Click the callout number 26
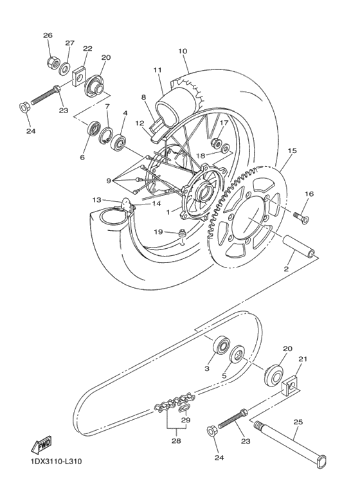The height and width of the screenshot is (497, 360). [x=48, y=35]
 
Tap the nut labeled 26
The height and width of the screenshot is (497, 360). [x=53, y=62]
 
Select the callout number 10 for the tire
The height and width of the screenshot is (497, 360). [x=183, y=50]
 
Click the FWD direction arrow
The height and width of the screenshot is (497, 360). [x=40, y=444]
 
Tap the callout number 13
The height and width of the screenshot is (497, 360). [x=97, y=199]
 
